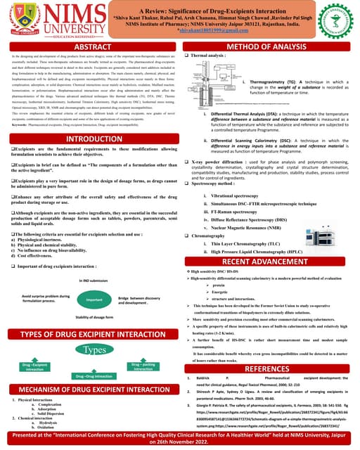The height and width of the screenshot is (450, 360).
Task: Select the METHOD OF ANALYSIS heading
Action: [x=270, y=46]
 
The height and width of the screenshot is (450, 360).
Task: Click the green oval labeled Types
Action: [x=94, y=349]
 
